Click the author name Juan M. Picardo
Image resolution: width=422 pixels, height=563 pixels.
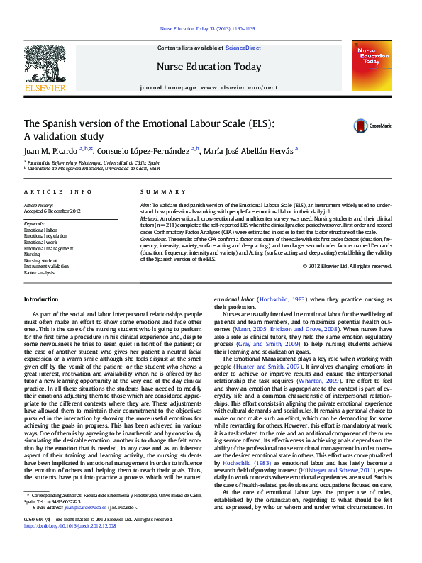click(50, 151)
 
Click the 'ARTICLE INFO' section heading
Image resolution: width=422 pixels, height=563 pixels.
click(58, 193)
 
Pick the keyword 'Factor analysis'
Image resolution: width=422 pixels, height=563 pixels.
click(39, 272)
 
